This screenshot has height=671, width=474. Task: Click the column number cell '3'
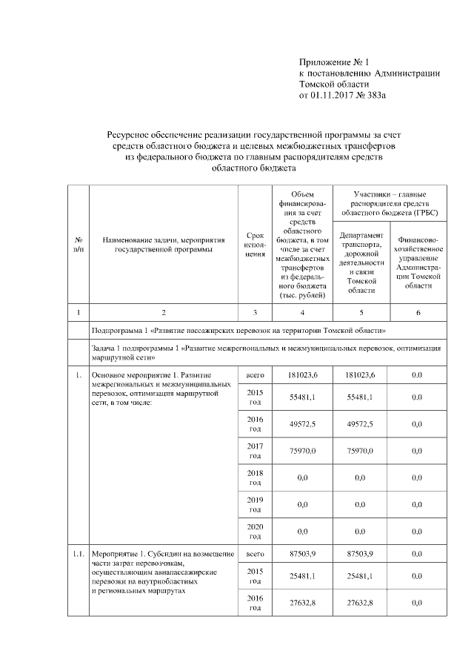(x=255, y=312)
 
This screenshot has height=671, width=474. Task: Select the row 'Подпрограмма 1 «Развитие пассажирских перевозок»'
(x=238, y=330)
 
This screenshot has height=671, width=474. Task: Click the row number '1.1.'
(x=78, y=554)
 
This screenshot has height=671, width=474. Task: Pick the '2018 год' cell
(x=255, y=477)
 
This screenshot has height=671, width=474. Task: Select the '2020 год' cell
(x=255, y=530)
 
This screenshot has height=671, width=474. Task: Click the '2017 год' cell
(x=255, y=450)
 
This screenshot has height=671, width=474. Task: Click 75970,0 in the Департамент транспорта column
(x=361, y=450)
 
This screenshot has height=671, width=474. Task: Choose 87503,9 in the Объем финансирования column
(x=302, y=554)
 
